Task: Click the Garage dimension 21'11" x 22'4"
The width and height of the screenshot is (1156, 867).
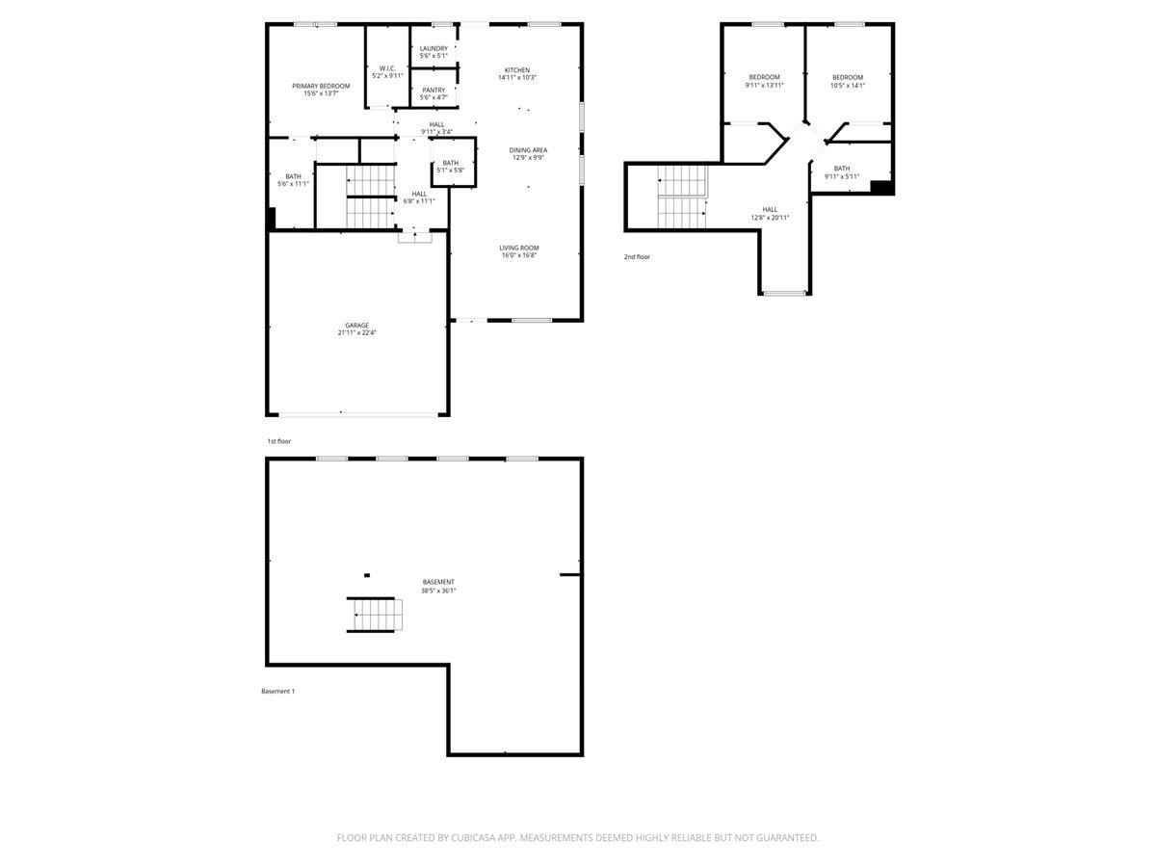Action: [x=356, y=333]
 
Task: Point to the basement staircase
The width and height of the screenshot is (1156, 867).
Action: [x=373, y=614]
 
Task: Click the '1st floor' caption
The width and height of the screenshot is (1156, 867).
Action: [x=278, y=441]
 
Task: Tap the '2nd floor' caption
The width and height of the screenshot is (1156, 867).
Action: [x=637, y=257]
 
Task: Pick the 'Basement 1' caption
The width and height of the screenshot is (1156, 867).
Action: [x=277, y=691]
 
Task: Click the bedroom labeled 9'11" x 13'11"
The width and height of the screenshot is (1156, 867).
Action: [x=764, y=81]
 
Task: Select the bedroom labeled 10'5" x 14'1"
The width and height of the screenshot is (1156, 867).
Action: [x=848, y=81]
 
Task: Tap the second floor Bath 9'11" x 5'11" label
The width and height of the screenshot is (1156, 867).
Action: [x=841, y=172]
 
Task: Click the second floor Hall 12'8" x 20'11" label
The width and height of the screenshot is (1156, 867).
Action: [x=770, y=213]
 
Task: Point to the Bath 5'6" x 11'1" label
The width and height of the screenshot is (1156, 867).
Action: [x=293, y=179]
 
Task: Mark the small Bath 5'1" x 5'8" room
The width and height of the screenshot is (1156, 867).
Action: [x=451, y=166]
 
